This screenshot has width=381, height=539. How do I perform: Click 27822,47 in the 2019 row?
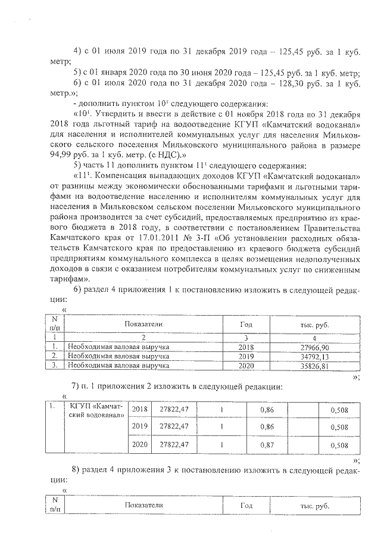[x=173, y=426]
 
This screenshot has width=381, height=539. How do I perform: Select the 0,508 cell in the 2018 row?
[x=339, y=409]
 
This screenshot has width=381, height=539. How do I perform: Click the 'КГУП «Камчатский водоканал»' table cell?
[x=96, y=411]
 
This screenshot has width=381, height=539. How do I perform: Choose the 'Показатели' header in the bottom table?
[x=143, y=504]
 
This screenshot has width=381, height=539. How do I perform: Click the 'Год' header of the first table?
[x=246, y=324]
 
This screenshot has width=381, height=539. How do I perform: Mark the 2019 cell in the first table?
[x=246, y=356]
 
